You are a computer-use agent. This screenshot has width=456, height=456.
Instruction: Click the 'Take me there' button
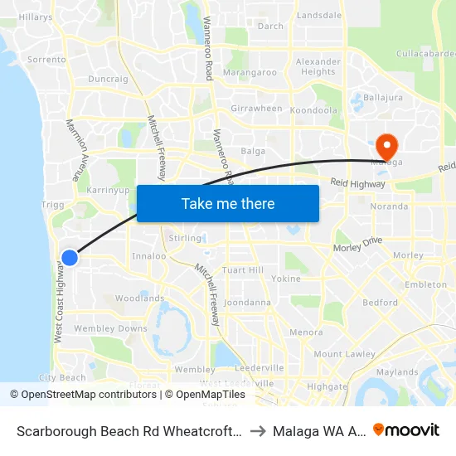[228, 203]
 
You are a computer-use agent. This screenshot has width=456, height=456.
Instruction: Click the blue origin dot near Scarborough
[70, 258]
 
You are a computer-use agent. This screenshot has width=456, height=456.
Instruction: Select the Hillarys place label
[35, 17]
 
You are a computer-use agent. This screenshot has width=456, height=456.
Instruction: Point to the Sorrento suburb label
[46, 60]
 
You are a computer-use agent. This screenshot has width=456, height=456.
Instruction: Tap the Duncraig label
[108, 80]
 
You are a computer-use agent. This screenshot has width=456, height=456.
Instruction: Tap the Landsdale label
[318, 16]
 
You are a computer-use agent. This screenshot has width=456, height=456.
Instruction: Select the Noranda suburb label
[389, 206]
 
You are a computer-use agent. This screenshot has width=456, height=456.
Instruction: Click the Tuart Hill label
[243, 270]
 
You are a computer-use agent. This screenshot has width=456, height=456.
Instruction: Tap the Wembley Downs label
[110, 328]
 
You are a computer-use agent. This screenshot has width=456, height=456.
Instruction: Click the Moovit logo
[406, 429]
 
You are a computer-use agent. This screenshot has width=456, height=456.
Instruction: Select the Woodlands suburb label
[139, 298]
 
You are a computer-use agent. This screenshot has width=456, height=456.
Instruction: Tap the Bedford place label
[380, 303]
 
